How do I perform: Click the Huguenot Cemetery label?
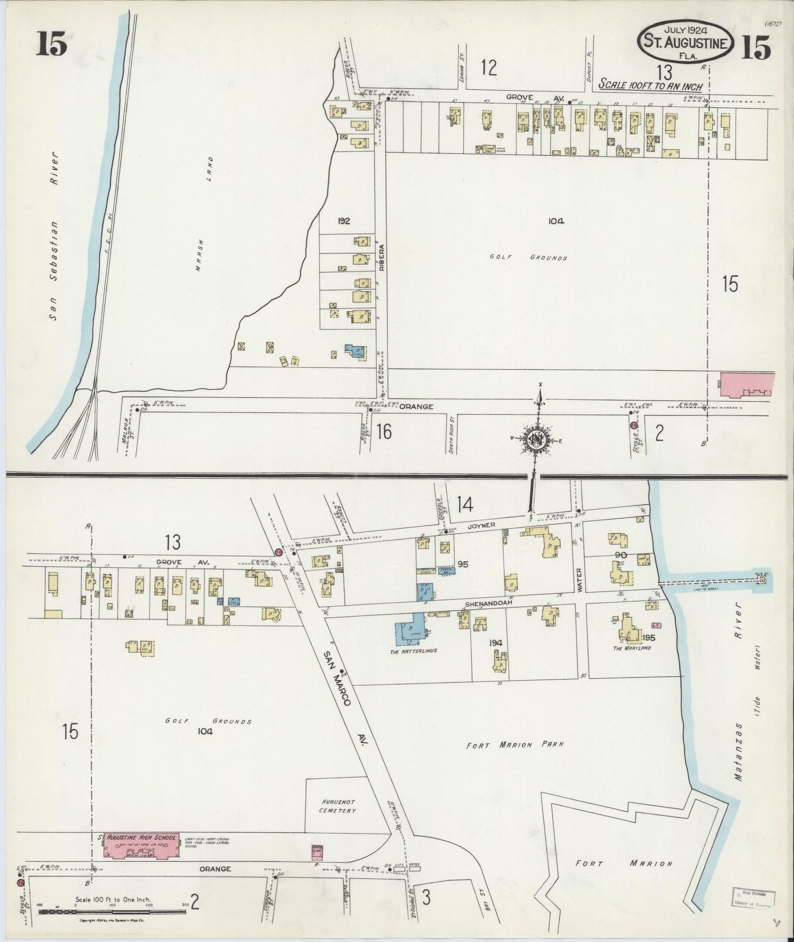point(338,806)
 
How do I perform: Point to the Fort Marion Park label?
point(515,746)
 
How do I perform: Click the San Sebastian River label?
point(53,236)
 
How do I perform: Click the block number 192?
point(344,221)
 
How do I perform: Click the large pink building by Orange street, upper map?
point(746,383)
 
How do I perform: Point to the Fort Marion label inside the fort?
point(623,863)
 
